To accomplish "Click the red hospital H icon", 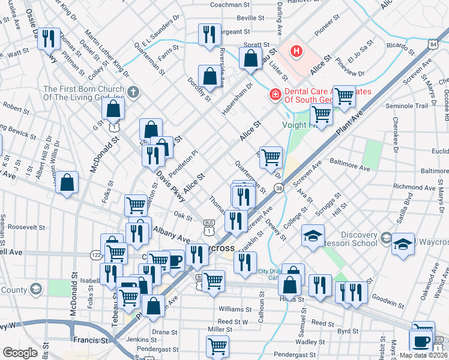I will tap(296, 51).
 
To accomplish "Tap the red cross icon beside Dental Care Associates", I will tap(275, 94).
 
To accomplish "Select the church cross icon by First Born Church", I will tap(133, 93).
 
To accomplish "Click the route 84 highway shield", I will tap(433, 45).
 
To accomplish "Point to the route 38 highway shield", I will tap(279, 188).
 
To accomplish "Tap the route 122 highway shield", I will tap(96, 254).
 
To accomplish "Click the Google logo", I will tap(20, 353).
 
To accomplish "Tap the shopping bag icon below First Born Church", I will tap(113, 109).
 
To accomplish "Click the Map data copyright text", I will tap(424, 355).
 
